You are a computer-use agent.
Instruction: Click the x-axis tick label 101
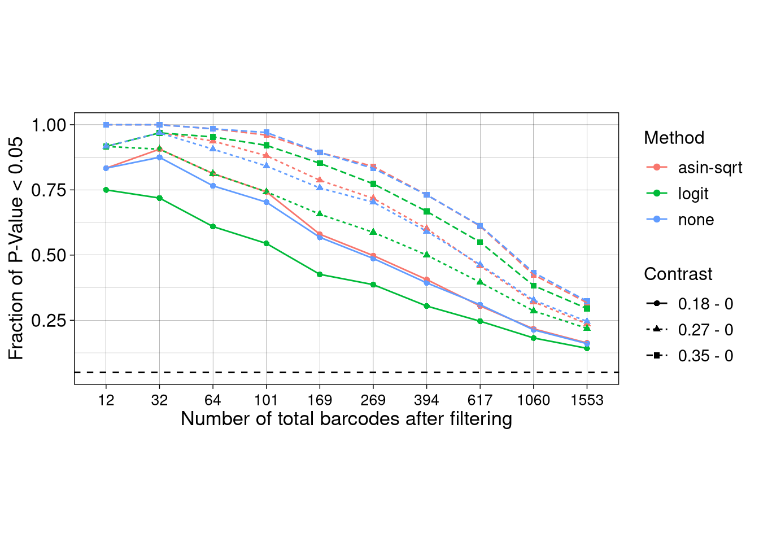(266, 400)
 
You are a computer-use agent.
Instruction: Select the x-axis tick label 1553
(587, 400)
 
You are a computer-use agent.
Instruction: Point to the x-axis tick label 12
(106, 400)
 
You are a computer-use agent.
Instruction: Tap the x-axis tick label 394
(426, 400)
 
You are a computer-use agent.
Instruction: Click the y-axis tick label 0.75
(49, 190)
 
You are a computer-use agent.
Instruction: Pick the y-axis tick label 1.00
(49, 125)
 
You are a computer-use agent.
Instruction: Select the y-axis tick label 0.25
(49, 321)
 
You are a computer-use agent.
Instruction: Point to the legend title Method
(674, 138)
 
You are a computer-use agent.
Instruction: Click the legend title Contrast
(678, 274)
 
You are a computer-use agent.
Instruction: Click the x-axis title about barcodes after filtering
(346, 419)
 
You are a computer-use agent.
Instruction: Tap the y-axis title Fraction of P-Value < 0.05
(16, 248)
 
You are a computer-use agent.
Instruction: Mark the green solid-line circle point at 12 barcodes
(106, 190)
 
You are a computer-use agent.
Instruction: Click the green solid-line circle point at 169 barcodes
(320, 274)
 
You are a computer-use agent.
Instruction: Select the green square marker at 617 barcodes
(480, 242)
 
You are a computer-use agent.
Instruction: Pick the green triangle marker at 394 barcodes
(426, 255)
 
